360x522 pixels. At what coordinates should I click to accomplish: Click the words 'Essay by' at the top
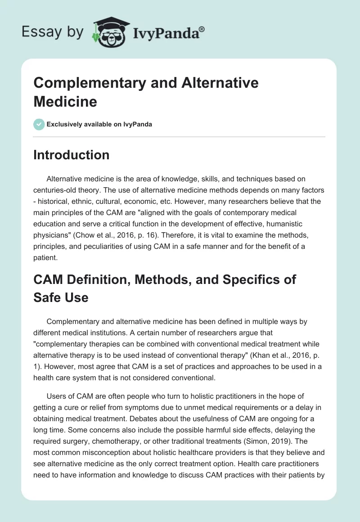(x=53, y=32)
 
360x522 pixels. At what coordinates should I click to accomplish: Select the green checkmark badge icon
(x=39, y=124)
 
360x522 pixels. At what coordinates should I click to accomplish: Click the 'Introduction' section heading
(x=72, y=155)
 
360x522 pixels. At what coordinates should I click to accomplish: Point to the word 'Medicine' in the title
(x=65, y=101)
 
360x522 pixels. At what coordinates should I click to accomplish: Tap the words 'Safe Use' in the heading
(x=61, y=297)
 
